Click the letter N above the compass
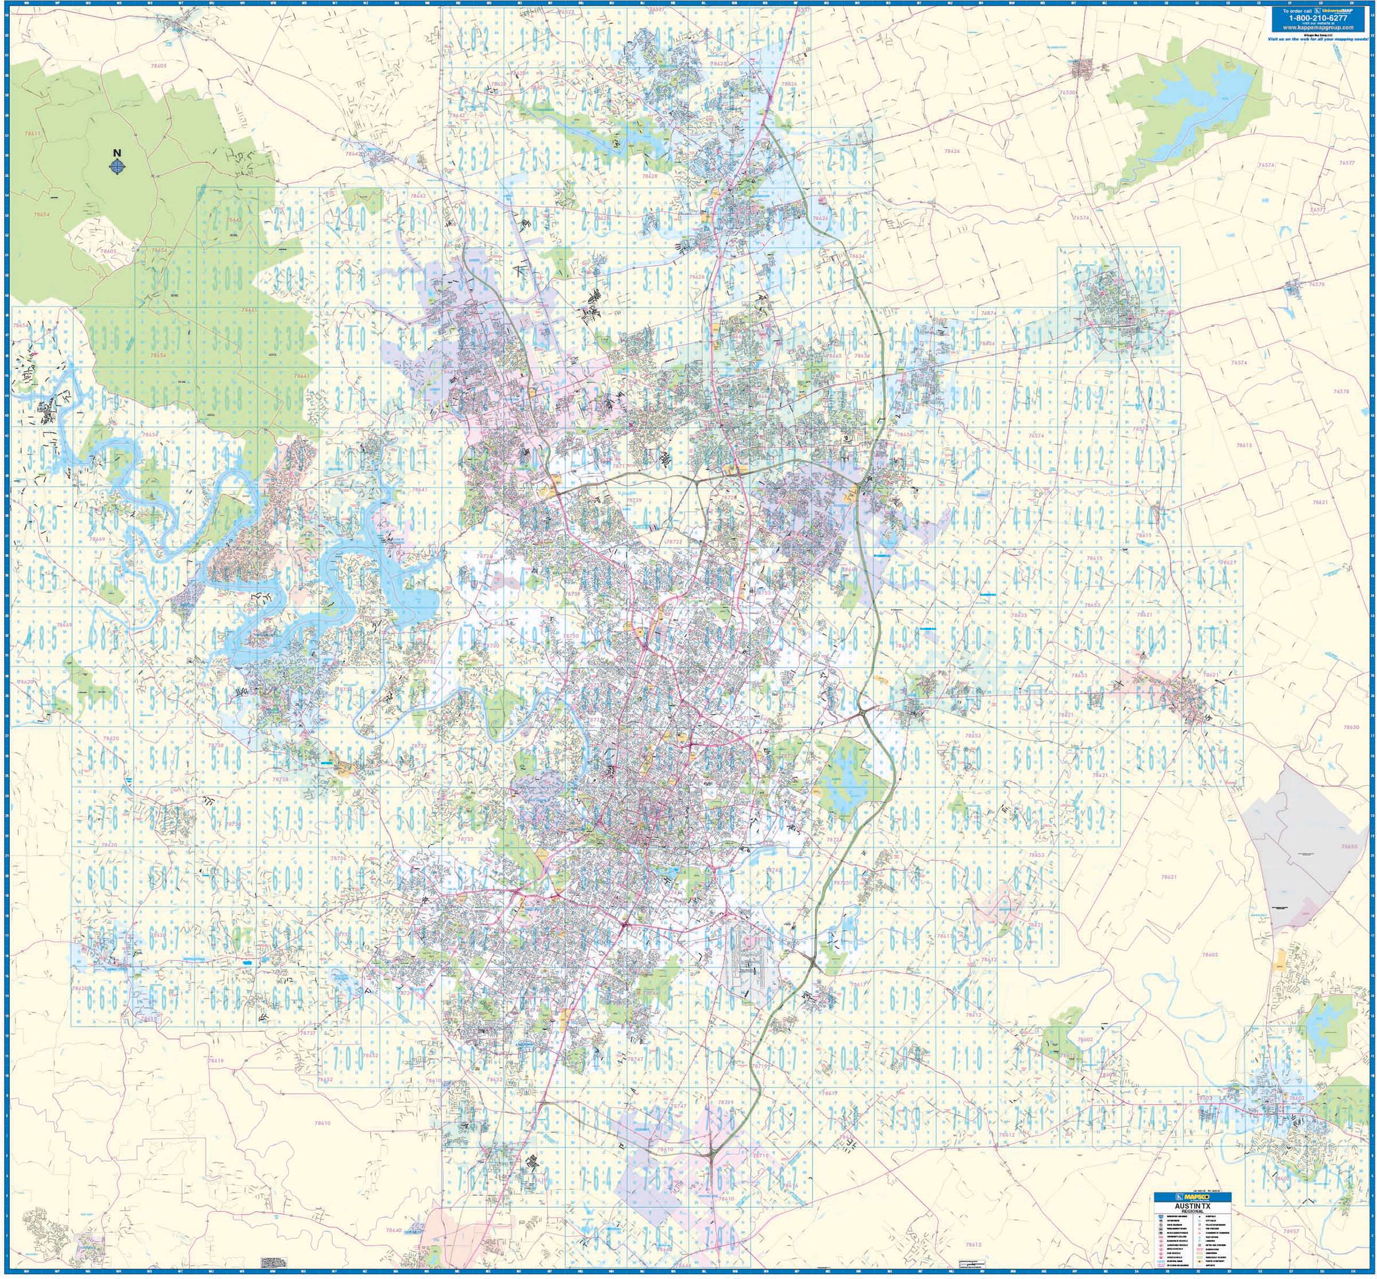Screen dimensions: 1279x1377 tap(117, 153)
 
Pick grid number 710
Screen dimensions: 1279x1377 tap(967, 1057)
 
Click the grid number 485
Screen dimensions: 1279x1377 tap(41, 638)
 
